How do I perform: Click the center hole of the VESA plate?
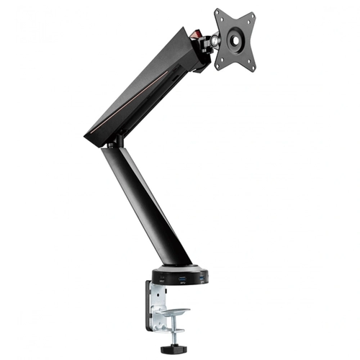tap(235, 40)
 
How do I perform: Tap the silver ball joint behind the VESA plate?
tap(213, 42)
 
